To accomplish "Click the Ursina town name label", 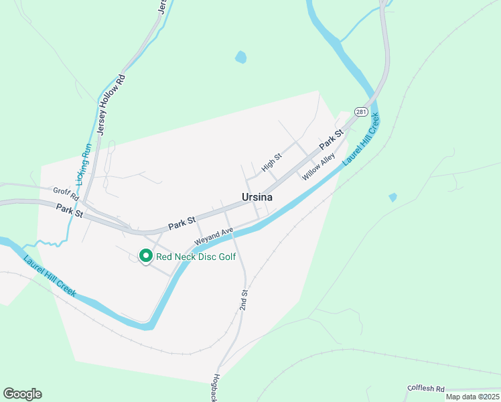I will [x=257, y=197].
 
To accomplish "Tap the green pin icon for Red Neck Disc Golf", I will [x=145, y=256].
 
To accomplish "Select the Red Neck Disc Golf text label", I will [x=196, y=257].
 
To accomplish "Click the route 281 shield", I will [x=362, y=111].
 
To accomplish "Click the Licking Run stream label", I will [x=84, y=164].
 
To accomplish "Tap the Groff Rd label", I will [x=66, y=192].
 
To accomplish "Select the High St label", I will [x=272, y=161].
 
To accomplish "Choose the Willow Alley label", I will [x=318, y=167].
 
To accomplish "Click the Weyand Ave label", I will [x=214, y=236].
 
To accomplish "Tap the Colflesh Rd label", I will [x=426, y=389].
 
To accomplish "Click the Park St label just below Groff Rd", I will [x=69, y=210].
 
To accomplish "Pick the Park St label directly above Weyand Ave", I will [x=182, y=222].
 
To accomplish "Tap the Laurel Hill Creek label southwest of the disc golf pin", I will [x=50, y=277].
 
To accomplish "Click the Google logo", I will [x=22, y=394].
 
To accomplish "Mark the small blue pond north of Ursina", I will [x=241, y=58].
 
